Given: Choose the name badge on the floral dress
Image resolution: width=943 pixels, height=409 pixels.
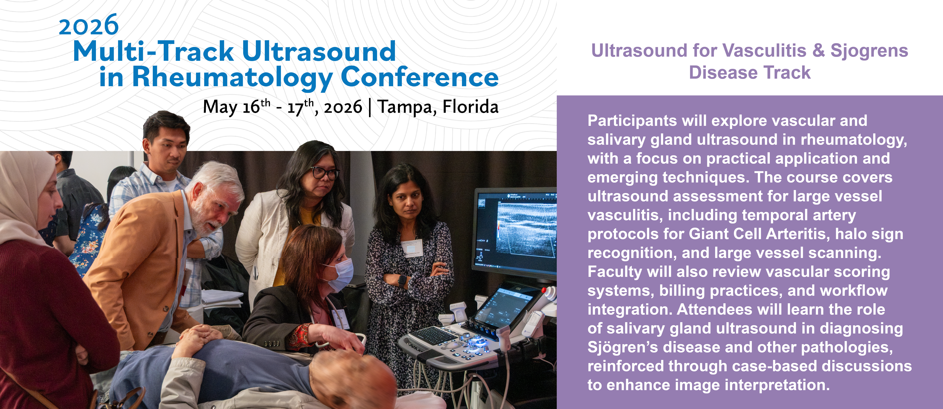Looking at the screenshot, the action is tap(412, 247).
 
